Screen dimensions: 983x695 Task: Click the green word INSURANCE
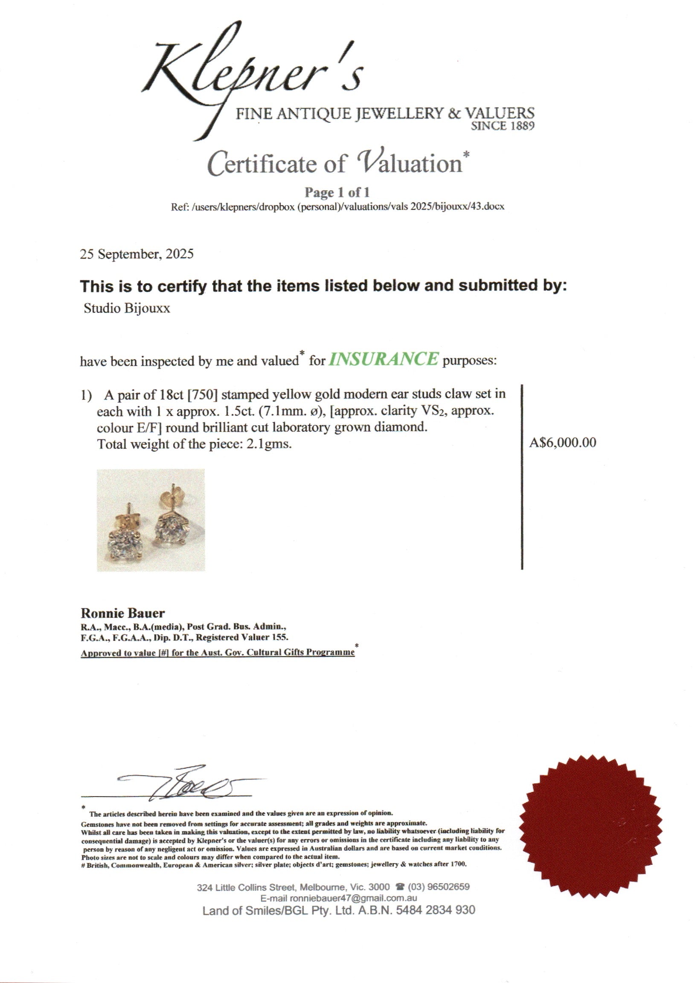click(383, 359)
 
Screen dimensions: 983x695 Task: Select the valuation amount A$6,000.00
click(562, 442)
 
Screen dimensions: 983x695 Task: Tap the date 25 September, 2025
click(137, 254)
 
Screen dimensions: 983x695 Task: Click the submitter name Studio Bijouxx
click(127, 308)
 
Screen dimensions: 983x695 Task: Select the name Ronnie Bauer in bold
click(122, 613)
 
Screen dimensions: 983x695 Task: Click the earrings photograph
click(151, 520)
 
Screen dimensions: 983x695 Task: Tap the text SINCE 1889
click(502, 126)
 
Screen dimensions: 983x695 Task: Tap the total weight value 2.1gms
click(268, 444)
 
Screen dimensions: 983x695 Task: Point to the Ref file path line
click(337, 206)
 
